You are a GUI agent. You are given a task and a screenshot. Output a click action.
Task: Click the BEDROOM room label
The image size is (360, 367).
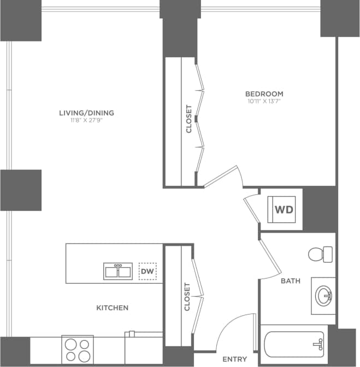tap(264, 93)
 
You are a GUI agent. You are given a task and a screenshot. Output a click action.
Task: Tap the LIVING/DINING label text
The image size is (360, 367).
tap(86, 113)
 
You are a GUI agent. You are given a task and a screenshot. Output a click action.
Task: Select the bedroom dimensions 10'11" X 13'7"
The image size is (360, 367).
tap(264, 101)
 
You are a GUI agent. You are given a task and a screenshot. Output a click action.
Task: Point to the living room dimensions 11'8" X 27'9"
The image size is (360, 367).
tap(86, 121)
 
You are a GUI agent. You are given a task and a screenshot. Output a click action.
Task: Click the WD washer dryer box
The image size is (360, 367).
tap(282, 210)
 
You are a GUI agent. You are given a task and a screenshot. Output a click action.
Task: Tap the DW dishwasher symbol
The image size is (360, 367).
tap(146, 271)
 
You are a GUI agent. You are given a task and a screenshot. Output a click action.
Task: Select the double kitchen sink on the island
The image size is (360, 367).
tap(118, 271)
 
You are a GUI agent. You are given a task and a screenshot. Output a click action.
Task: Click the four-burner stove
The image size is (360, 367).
tap(77, 350)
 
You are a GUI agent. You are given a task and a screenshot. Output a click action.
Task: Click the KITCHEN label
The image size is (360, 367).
tap(113, 308)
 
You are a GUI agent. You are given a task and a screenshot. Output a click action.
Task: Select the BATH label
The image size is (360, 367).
tap(290, 281)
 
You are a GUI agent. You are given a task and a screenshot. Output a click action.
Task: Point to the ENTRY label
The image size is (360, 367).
tap(234, 359)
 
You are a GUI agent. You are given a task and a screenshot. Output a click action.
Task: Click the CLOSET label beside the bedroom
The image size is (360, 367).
tap(189, 119)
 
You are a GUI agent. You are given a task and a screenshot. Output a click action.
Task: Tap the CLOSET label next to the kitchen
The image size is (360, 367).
tap(187, 297)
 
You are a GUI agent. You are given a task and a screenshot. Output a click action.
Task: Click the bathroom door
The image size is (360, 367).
tap(270, 257)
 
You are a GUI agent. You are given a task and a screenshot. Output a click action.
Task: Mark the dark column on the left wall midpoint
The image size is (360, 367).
tap(21, 190)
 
